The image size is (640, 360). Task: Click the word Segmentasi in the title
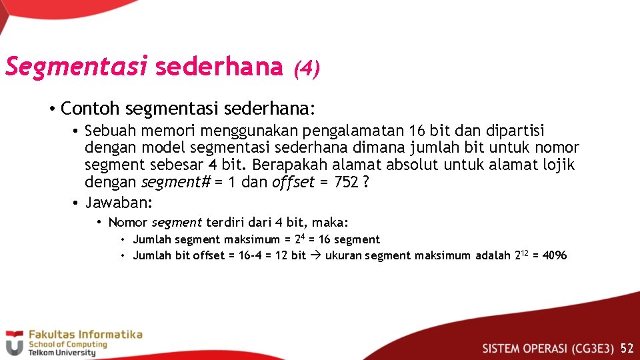click(x=76, y=67)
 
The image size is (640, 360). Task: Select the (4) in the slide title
click(x=307, y=68)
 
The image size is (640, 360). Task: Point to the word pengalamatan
click(x=353, y=131)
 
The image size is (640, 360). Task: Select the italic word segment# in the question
click(x=176, y=183)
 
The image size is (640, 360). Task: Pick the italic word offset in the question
click(x=293, y=183)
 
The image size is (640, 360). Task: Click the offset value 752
click(x=346, y=183)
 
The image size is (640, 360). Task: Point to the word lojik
click(x=557, y=165)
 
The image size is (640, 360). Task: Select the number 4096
click(x=555, y=255)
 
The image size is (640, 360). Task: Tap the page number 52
click(x=627, y=348)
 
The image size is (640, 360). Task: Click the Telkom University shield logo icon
click(x=14, y=343)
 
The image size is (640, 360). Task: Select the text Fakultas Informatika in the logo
click(x=85, y=335)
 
